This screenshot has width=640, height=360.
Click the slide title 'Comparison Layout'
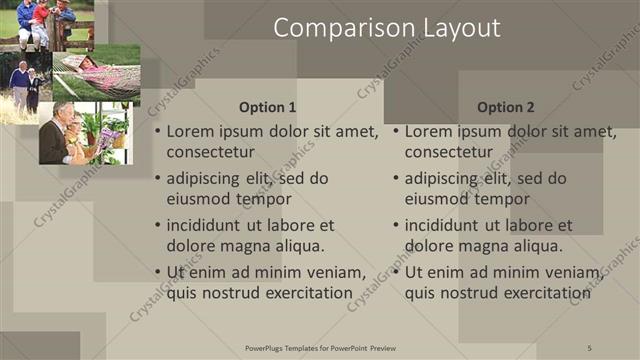(x=387, y=28)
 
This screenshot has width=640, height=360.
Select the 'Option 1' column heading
(x=268, y=107)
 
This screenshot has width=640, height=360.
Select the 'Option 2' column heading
(x=506, y=107)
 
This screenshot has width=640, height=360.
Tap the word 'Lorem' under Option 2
(x=430, y=131)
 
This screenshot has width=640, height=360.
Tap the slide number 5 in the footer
(x=590, y=347)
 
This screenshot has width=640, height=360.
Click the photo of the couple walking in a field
(x=26, y=88)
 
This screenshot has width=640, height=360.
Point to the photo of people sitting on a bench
(x=47, y=24)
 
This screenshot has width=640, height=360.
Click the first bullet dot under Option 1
(x=158, y=132)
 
